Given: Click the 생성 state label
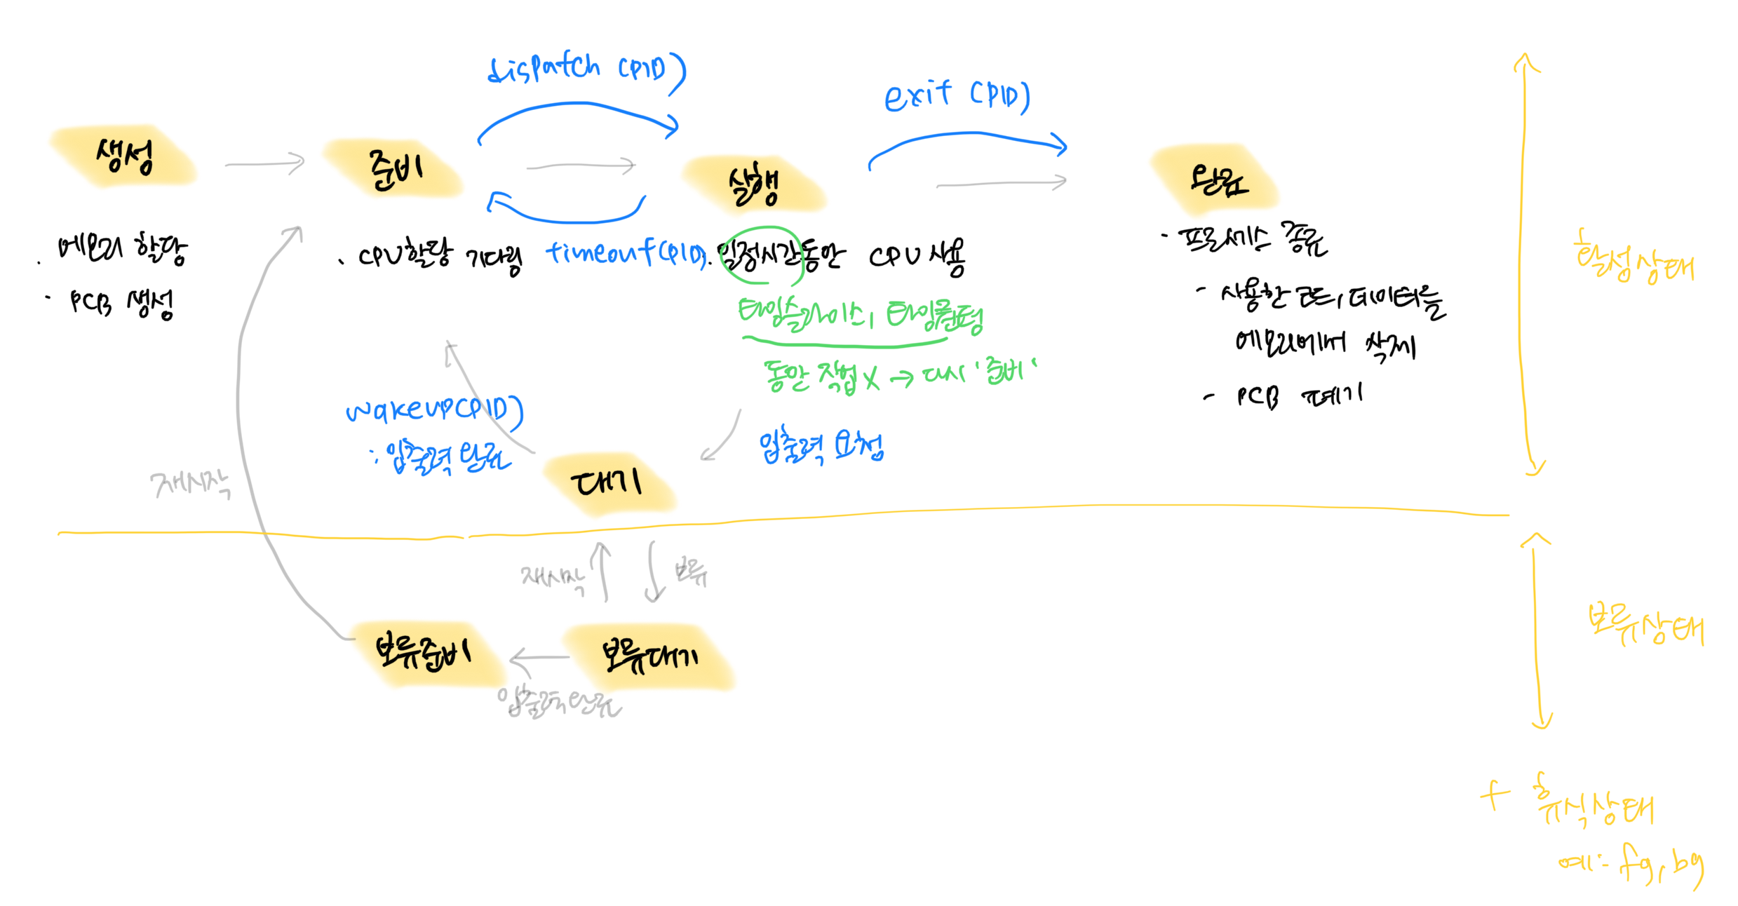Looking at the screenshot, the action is coord(124,156).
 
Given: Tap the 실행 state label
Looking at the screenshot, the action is coord(753,185).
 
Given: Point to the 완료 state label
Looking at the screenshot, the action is coord(1218,181).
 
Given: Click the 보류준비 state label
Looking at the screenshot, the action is coord(424,652).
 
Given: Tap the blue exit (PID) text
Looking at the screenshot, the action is coord(957,96).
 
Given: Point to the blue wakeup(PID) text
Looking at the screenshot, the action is coord(435,410).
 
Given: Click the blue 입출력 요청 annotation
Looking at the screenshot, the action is coord(821,447).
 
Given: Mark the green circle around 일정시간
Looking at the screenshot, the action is coord(762,255).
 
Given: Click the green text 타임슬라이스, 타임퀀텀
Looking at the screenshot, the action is coord(860,315).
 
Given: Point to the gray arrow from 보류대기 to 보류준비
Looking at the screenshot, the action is coord(539,658).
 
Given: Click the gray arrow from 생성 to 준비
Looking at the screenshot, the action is coord(265,164).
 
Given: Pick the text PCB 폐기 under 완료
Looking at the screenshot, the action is coord(1298,396).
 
